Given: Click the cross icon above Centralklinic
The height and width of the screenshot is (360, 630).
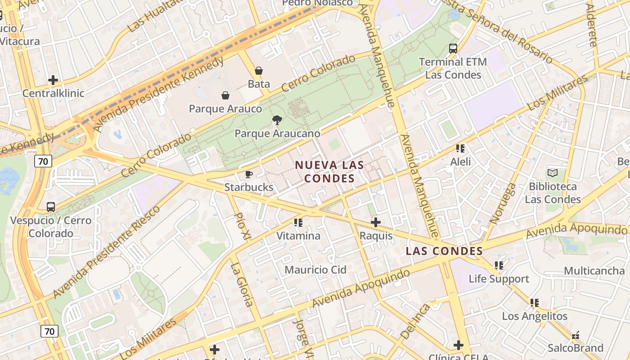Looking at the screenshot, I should [x=53, y=81].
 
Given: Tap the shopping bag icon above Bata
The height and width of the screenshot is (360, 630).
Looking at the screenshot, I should [x=259, y=71].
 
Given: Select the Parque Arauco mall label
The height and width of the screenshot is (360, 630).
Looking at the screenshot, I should [x=225, y=109].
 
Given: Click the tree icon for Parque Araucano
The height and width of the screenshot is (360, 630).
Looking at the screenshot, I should [x=277, y=120].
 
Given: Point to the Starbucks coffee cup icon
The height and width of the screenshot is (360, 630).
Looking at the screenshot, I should [x=249, y=174].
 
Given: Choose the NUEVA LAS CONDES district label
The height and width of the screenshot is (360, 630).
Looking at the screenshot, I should [x=329, y=172].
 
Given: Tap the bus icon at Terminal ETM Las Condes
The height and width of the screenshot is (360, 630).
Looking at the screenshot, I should [x=453, y=49].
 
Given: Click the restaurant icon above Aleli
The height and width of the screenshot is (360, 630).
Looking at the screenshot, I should [x=460, y=148].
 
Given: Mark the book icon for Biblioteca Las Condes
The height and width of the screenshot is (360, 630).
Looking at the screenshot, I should [x=553, y=173].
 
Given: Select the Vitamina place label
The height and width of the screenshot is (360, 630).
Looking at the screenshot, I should [x=298, y=236].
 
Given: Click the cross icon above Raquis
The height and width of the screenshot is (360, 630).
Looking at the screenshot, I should [x=376, y=222].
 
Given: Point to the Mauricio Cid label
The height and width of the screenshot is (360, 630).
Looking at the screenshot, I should [x=315, y=270].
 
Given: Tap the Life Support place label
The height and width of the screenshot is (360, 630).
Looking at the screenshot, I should [x=499, y=279].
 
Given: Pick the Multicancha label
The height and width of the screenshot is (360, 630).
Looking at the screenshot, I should [x=594, y=271].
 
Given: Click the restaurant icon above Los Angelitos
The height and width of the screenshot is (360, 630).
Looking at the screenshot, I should [x=535, y=302].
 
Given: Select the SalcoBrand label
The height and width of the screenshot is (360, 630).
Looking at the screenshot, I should [x=575, y=348].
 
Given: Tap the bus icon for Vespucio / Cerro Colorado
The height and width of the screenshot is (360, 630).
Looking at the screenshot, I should [x=51, y=207].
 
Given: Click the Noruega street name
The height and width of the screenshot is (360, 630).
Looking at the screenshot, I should [x=503, y=204].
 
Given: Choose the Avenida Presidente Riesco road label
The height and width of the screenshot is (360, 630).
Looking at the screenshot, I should [x=106, y=252].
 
